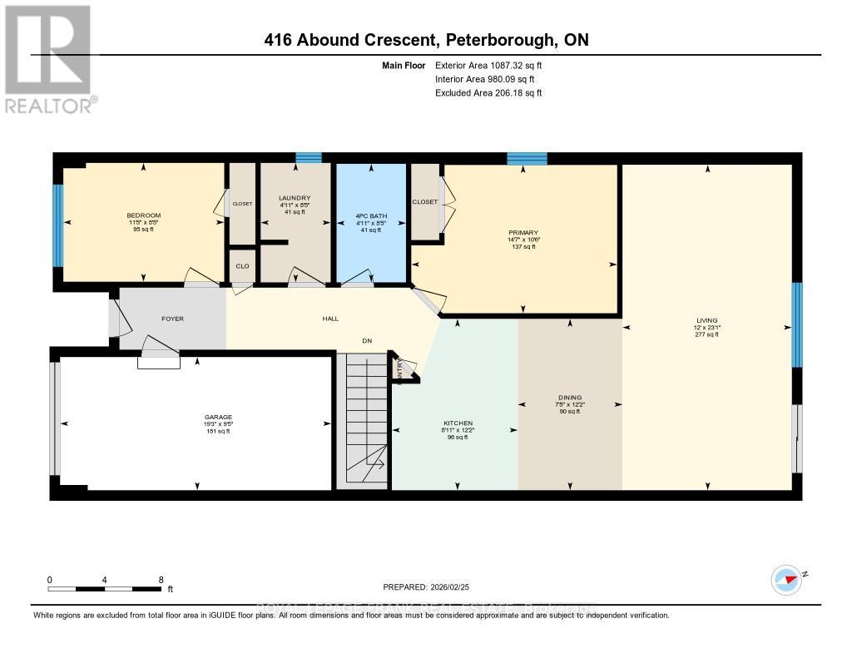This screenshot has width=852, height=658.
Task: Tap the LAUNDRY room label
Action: (294, 197)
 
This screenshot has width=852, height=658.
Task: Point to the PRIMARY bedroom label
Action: (524, 233)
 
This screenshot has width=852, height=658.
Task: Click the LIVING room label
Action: (707, 320)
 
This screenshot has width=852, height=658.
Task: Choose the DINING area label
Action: (570, 398)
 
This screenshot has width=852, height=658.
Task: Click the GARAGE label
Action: (218, 418)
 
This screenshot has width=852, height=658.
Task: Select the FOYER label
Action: (172, 319)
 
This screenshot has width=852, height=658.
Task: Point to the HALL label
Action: (329, 319)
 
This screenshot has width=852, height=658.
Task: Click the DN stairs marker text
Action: (366, 339)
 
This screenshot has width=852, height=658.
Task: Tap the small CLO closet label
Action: (241, 266)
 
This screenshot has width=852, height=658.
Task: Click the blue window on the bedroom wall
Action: (58, 225)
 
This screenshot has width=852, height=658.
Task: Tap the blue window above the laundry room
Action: (309, 157)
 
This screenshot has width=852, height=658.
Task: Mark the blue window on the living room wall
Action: (796, 324)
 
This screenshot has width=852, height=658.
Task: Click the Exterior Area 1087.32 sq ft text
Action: (488, 65)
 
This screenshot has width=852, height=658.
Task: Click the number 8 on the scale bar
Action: (161, 580)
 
